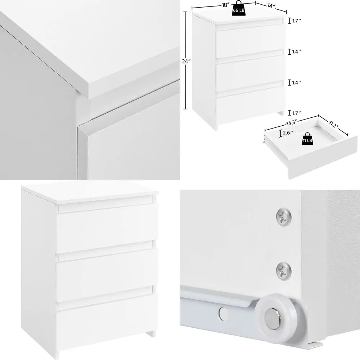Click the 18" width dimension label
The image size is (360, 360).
226,5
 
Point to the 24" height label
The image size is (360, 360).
185,62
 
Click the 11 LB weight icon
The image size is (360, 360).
307,140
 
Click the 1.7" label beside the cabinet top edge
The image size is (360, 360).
296,21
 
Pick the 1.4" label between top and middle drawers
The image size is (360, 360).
296,52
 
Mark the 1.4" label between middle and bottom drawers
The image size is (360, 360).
296,82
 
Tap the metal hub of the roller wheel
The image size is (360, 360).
273,318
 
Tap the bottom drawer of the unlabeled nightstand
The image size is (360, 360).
107,322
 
